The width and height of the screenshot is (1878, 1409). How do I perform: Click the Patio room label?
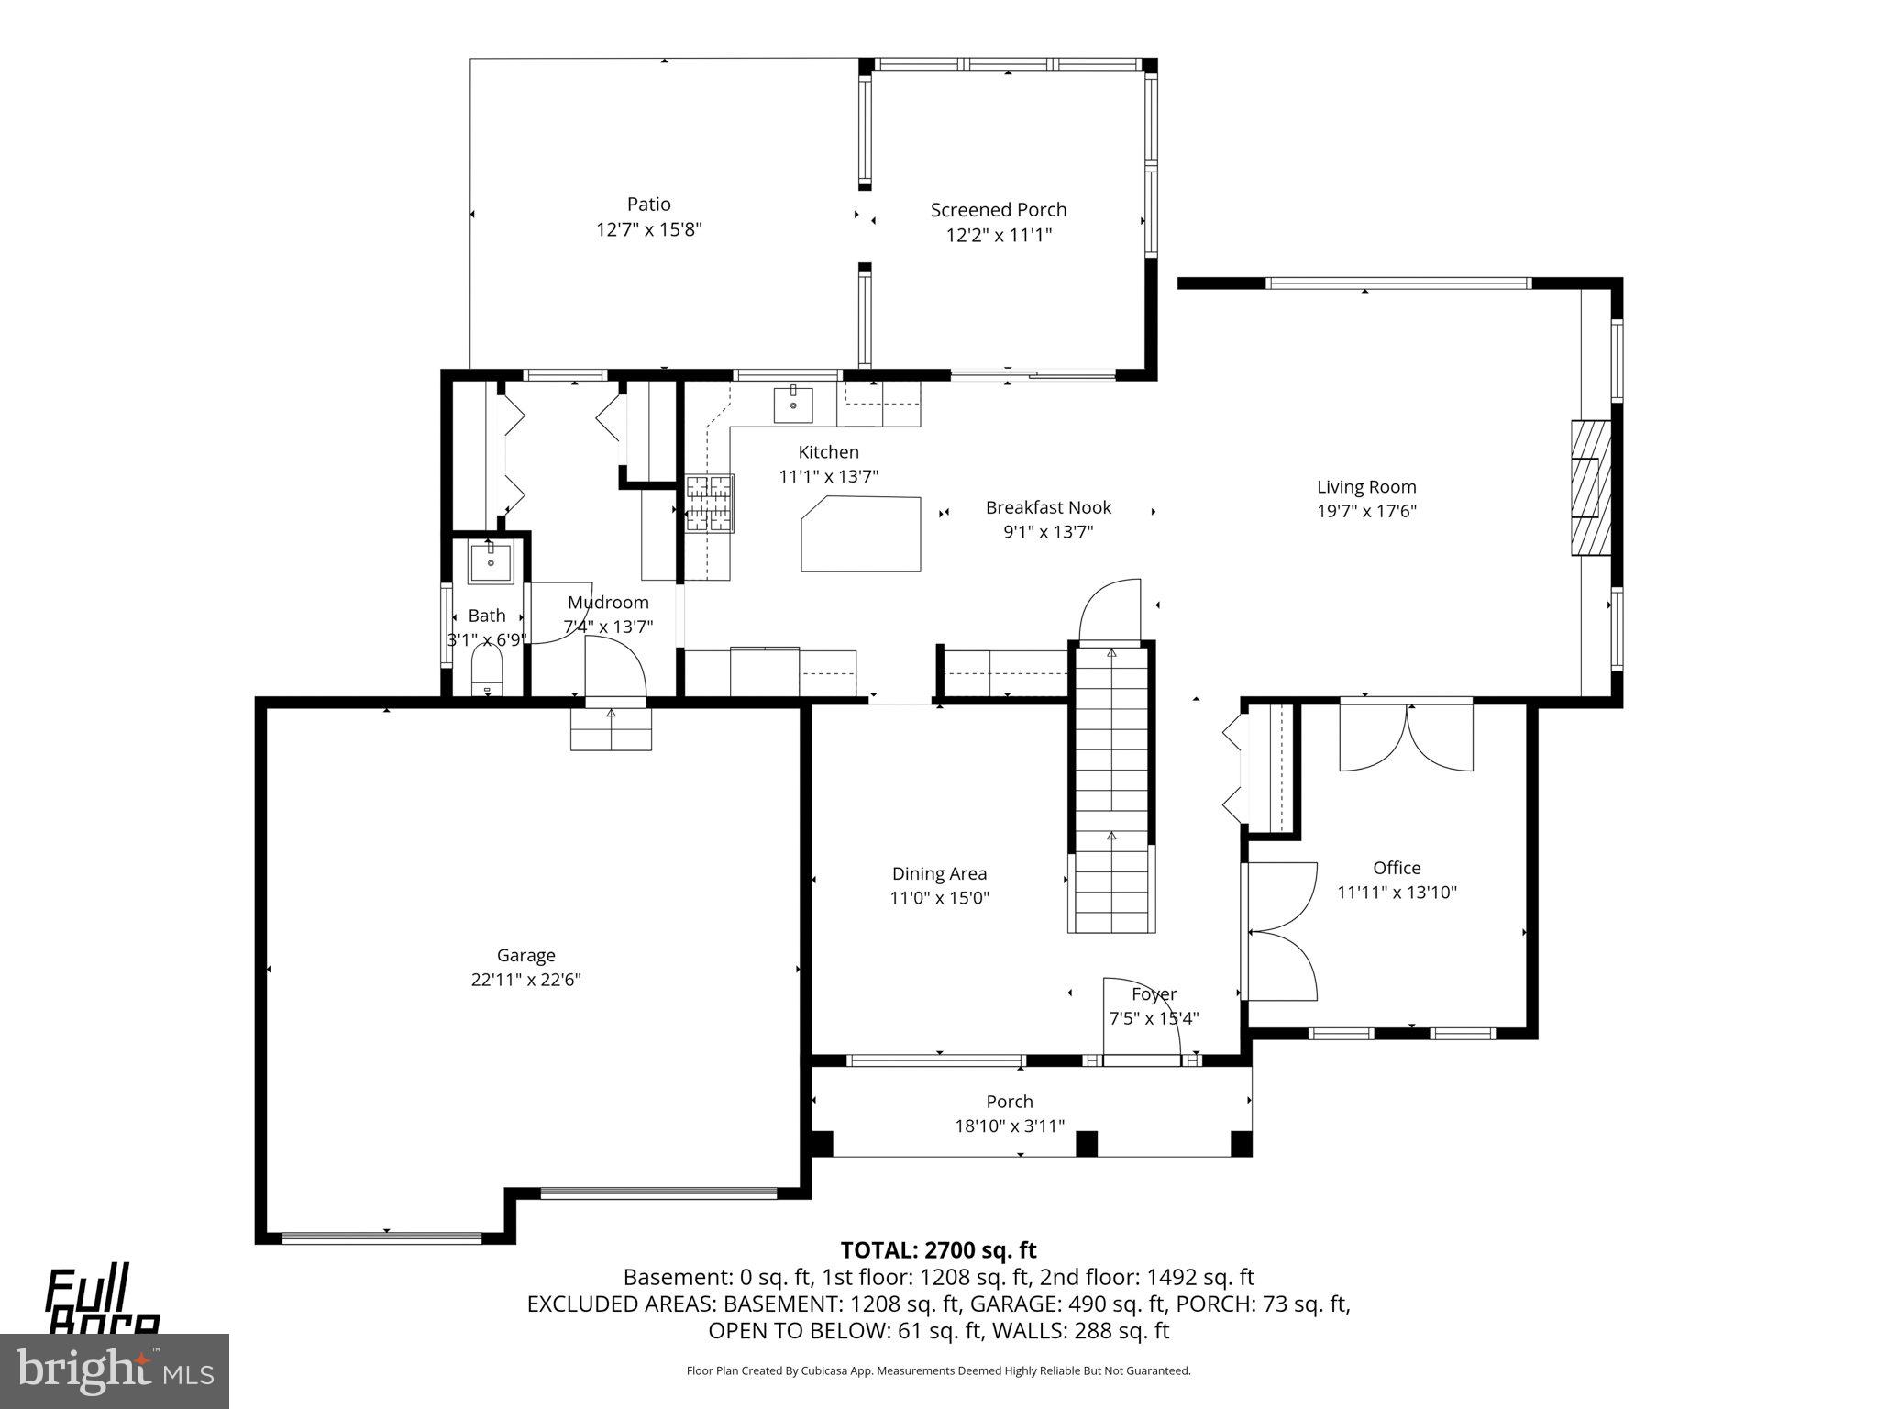[x=648, y=204]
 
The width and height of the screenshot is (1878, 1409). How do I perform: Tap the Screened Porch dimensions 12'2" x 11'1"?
[x=999, y=235]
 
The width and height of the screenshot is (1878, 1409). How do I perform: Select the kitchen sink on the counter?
[x=793, y=405]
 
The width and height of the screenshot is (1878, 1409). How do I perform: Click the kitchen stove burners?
[x=710, y=503]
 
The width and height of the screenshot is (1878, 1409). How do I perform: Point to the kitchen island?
[x=860, y=534]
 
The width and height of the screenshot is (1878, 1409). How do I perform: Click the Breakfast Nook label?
[x=1048, y=507]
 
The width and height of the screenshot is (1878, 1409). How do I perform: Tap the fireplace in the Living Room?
[x=1590, y=488]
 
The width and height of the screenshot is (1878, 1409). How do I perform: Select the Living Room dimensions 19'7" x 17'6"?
[x=1366, y=512]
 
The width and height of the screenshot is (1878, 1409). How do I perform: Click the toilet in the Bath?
[x=487, y=673]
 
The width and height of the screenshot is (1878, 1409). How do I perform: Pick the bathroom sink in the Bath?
[x=491, y=561]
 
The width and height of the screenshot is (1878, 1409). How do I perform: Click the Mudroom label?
[x=608, y=603]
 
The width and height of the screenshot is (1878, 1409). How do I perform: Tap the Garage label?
[x=525, y=955]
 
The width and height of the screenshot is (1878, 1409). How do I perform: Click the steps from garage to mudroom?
[x=611, y=730]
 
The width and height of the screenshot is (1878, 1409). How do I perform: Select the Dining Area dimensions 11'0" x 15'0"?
[x=939, y=898]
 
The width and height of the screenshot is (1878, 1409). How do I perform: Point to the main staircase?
[x=1110, y=789]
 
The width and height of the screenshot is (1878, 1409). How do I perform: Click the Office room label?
[x=1397, y=868]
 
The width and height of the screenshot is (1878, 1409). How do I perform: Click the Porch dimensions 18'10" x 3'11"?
[x=1009, y=1126]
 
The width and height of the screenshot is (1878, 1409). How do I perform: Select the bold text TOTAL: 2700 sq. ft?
[x=938, y=1250]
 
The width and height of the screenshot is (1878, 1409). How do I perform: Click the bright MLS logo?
[x=114, y=1370]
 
